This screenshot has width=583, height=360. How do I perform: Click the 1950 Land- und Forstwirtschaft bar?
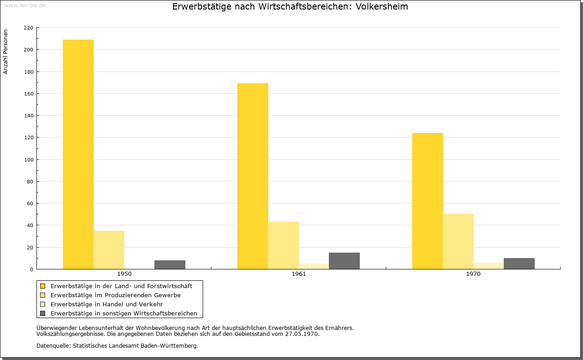(78, 154)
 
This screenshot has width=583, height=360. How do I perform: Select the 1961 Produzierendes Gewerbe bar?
(283, 245)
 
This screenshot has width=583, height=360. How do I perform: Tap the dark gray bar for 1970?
(519, 264)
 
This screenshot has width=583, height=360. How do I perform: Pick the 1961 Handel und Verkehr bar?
(314, 266)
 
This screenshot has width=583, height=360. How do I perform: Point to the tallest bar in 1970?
(428, 201)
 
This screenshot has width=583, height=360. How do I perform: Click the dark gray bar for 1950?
(170, 264)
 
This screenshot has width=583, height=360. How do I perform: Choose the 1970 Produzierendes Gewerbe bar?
(458, 241)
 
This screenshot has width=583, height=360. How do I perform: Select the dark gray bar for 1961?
(344, 261)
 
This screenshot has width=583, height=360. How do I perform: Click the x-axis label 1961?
(299, 274)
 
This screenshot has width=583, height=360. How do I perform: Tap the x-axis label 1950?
(124, 274)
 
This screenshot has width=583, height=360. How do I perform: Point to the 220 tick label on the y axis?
(28, 28)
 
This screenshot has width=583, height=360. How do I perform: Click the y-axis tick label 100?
(28, 160)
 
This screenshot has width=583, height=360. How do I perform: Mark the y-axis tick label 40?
(30, 225)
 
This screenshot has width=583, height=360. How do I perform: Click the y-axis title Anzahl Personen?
(6, 51)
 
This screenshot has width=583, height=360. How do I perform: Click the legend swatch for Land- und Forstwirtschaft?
(43, 286)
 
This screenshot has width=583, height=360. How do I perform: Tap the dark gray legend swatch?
(43, 313)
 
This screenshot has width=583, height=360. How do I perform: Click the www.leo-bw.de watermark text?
(25, 5)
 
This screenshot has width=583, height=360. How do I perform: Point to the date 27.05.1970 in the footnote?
(302, 334)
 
